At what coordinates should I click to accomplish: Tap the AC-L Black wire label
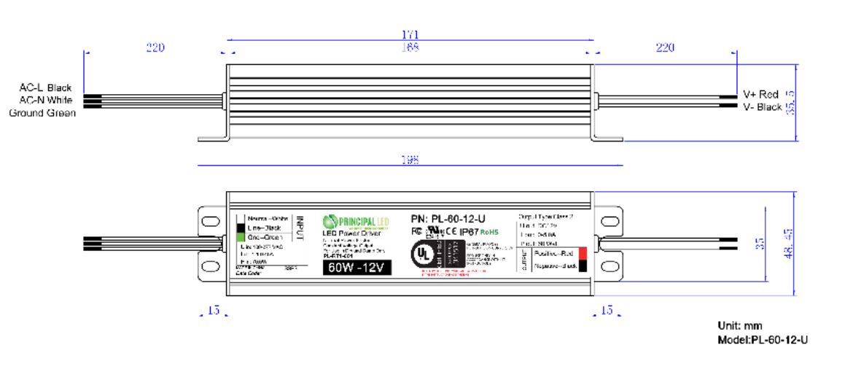click(x=45, y=88)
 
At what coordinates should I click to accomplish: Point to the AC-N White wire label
click(x=45, y=100)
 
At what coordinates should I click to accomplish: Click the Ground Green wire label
click(x=42, y=112)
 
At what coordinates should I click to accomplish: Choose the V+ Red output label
click(x=760, y=95)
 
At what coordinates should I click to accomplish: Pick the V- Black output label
click(x=762, y=107)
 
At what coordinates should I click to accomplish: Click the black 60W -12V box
click(x=357, y=267)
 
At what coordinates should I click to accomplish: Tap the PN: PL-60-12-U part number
click(x=448, y=218)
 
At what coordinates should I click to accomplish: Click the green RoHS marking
click(x=490, y=231)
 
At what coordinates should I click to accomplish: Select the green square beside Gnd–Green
click(x=240, y=237)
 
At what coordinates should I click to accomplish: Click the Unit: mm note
click(x=740, y=325)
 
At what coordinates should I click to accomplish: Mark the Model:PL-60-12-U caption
click(x=763, y=339)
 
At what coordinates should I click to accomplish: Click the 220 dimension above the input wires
click(x=155, y=48)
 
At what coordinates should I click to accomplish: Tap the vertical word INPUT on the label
click(x=298, y=228)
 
